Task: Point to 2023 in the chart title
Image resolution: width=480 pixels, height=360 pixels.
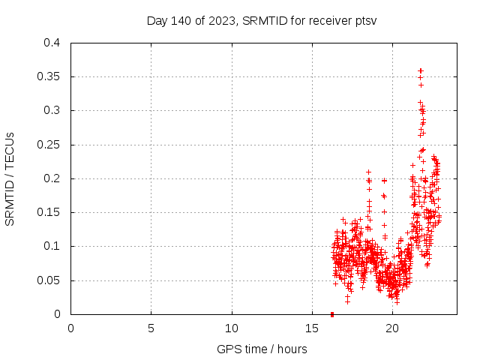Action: [217, 20]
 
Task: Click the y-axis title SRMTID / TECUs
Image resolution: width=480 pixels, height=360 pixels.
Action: [10, 178]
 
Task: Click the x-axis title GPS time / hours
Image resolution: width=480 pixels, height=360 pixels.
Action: [262, 349]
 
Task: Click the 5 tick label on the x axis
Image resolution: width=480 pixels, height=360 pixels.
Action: [151, 327]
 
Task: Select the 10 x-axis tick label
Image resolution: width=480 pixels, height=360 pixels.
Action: [232, 327]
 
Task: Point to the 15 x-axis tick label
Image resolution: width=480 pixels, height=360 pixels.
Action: [312, 327]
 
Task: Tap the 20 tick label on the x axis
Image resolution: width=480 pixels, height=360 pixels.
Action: [392, 327]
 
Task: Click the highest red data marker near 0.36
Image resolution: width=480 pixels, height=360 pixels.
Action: [421, 70]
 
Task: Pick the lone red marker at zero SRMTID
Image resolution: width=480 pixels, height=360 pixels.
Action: [332, 313]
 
